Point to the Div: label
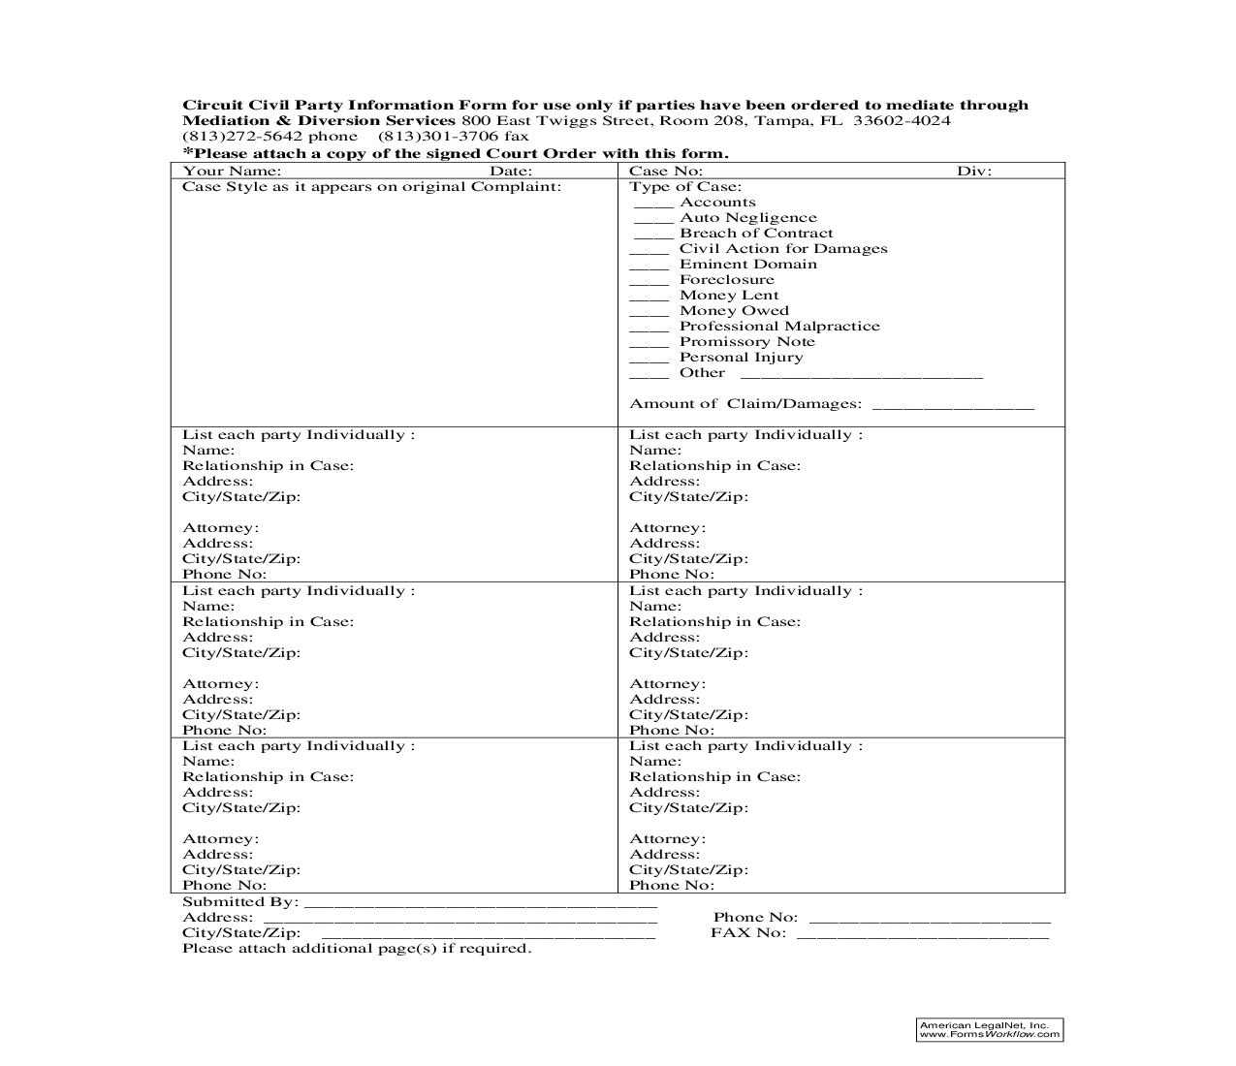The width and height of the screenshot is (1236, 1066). pos(974,172)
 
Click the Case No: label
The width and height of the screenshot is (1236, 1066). pos(665,172)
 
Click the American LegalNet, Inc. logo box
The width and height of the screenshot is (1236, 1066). pos(989,1029)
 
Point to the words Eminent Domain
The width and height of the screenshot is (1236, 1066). pos(747,265)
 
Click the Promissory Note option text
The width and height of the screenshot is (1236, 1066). pos(746,342)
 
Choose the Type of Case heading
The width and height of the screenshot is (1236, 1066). pos(685,187)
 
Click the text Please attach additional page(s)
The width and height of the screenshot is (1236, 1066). pos(357,949)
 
